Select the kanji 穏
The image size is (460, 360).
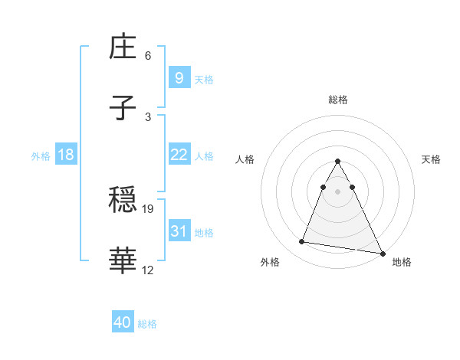click(123, 201)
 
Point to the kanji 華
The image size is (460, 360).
click(123, 261)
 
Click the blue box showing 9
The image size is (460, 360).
click(179, 77)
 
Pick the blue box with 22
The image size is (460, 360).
click(179, 155)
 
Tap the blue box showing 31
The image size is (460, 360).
click(179, 231)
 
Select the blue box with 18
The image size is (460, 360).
click(66, 155)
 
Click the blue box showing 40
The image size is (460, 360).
click(123, 322)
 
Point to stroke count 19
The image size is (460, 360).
click(149, 208)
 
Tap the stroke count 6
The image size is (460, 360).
click(148, 56)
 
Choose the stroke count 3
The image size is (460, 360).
click(148, 116)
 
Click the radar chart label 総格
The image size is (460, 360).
click(338, 100)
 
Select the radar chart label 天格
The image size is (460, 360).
click(431, 159)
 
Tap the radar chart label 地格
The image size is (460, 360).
click(402, 262)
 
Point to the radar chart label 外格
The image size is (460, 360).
click(270, 262)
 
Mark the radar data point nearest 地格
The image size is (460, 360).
click(382, 254)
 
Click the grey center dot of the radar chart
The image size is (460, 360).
click(338, 191)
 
